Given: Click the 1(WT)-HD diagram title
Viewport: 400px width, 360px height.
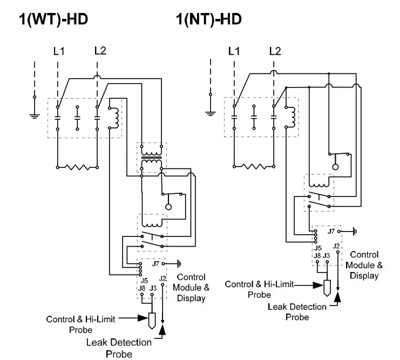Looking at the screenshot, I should pos(53,20).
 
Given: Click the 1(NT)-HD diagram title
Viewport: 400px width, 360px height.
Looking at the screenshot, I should pos(208,20).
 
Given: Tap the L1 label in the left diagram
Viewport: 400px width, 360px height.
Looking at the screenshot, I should pos(58,51).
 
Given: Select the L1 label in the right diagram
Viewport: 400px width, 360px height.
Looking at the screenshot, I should pos(234,51).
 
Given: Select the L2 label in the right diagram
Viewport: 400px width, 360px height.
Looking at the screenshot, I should pos(275,51).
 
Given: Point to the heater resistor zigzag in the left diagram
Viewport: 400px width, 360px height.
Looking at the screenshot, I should pos(78,168).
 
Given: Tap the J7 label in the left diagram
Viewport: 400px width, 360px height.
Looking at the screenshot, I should pos(155,264).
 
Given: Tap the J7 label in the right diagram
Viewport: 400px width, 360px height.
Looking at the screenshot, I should pos(331,231).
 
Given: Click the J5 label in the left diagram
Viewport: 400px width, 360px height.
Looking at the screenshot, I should pos(144,280).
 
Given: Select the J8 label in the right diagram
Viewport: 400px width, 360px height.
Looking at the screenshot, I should pos(317,255).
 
